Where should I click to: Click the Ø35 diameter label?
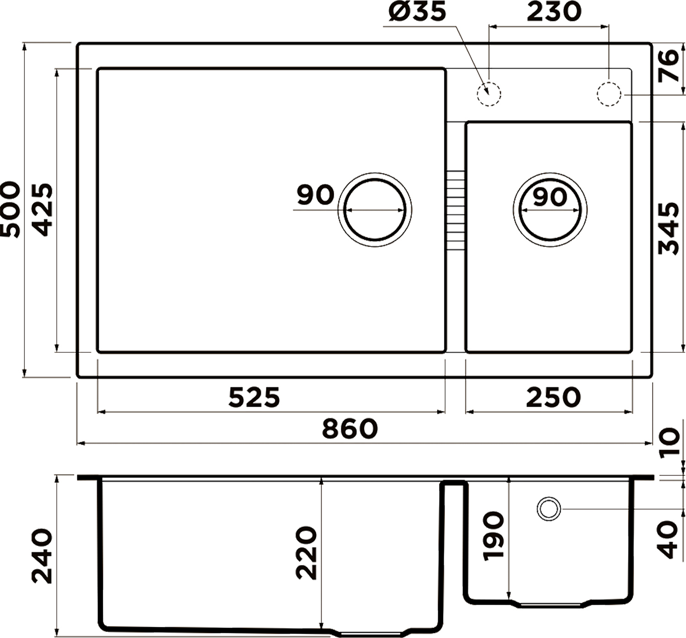point(417,12)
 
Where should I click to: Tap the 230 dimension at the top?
point(554,12)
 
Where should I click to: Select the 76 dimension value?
point(668,66)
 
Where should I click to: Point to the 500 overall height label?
point(10,209)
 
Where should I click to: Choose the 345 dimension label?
point(668,229)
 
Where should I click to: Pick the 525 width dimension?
point(254,397)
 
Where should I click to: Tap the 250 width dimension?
point(553,397)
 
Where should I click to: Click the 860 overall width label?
point(350,429)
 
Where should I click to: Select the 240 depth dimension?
point(42,556)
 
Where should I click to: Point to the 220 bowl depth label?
point(306,552)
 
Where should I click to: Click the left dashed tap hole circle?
point(489,94)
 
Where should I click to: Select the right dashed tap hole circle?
point(609,94)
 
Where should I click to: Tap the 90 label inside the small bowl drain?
point(550,198)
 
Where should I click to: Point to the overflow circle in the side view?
point(549,509)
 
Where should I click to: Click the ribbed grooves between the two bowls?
point(455,210)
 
